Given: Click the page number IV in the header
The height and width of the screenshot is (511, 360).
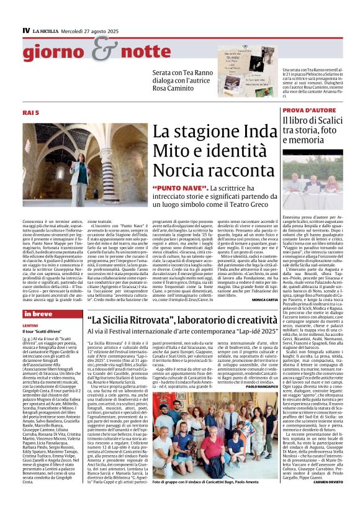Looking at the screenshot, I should [x=27, y=30].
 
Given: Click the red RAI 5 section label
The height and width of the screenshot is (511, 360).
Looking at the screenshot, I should [x=31, y=112].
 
